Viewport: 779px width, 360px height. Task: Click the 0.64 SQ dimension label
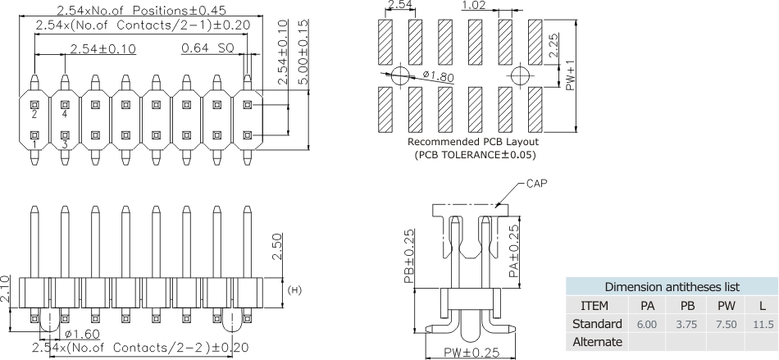pyautogui.click(x=208, y=49)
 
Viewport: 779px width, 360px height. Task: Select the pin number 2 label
pyautogui.click(x=34, y=116)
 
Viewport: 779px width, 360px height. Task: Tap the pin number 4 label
pyautogui.click(x=65, y=116)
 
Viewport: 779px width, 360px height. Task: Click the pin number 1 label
pyautogui.click(x=34, y=145)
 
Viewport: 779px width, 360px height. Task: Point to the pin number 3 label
pyautogui.click(x=65, y=145)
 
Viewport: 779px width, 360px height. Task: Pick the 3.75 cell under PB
pyautogui.click(x=687, y=324)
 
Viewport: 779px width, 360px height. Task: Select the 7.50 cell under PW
pyautogui.click(x=725, y=324)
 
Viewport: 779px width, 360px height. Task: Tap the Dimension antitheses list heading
pyautogui.click(x=672, y=287)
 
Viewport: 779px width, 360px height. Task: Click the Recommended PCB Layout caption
pyautogui.click(x=473, y=141)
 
